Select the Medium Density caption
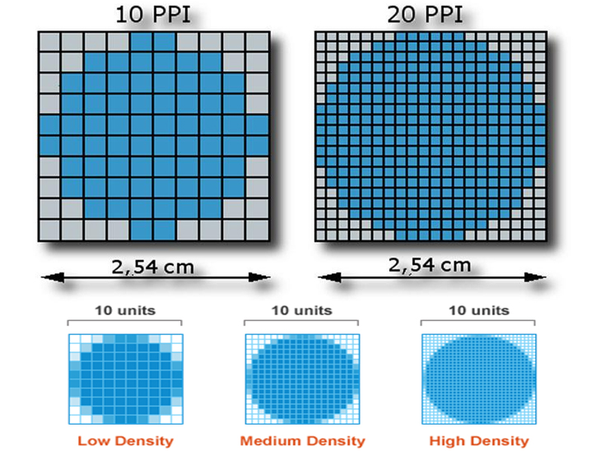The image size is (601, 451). [303, 441]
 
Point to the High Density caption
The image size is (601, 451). [479, 441]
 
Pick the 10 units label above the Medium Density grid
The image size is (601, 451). [302, 310]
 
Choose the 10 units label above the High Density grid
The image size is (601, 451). [478, 310]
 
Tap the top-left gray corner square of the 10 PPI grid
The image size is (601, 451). [50, 42]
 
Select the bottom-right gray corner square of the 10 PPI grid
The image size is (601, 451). [258, 228]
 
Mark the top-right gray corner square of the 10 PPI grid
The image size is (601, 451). [258, 42]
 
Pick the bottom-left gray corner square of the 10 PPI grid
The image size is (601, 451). [50, 228]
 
